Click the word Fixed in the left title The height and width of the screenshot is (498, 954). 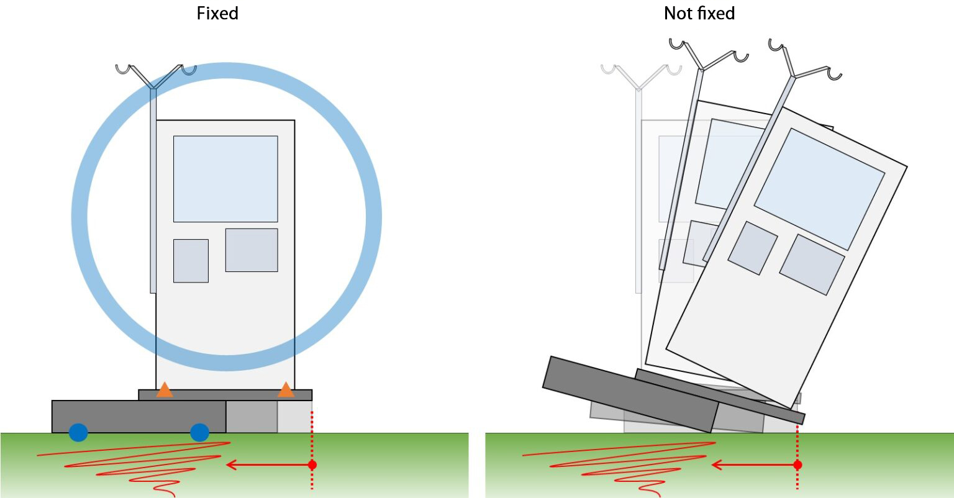[x=217, y=14]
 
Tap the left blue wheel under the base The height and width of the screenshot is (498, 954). [x=78, y=432]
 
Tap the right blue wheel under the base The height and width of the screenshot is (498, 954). [x=199, y=432]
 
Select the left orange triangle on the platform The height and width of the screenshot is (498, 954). [x=165, y=391]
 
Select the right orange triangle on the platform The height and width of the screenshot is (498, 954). [x=286, y=391]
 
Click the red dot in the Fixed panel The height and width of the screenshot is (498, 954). [x=312, y=465]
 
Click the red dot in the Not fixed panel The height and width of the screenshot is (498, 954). [x=797, y=465]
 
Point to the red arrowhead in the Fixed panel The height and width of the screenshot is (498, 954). [x=231, y=465]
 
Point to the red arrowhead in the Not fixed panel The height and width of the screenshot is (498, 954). [x=717, y=465]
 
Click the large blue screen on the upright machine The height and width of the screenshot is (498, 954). [x=225, y=179]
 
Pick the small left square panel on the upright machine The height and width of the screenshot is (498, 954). [x=191, y=261]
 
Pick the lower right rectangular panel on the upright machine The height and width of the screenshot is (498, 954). [x=252, y=250]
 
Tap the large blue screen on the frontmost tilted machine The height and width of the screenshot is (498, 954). [x=819, y=189]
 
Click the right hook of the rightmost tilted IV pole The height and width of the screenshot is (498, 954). [x=835, y=75]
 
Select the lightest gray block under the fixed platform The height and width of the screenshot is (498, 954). [x=295, y=417]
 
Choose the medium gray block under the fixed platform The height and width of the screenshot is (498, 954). [x=252, y=417]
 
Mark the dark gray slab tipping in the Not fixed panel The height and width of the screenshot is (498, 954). [x=630, y=394]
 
